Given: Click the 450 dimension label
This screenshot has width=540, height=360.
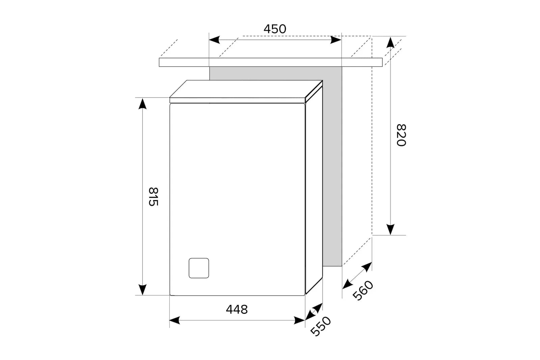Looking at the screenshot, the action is point(275,29).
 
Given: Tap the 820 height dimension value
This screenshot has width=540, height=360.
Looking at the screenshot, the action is point(401,135).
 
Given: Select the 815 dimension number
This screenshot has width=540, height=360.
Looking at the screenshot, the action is point(153,197).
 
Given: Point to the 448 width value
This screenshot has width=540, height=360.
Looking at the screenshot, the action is point(237,310).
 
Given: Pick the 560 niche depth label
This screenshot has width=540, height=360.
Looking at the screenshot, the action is point(363,290).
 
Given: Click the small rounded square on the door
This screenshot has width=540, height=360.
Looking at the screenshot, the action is point(199,268).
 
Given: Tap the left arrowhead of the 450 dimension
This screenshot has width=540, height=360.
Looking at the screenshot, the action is point(214,40).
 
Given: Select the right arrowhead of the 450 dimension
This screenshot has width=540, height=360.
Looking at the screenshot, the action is point(336,40).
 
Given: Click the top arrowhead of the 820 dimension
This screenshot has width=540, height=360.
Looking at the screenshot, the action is point(390,42).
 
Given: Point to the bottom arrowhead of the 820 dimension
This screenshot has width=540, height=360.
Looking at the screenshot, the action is point(390,229).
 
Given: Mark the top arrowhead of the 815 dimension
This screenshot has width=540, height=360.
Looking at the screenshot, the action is point(142,104).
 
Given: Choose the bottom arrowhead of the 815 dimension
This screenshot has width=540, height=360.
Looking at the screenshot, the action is point(142,289).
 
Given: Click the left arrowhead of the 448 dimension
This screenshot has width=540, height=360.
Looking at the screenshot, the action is point(175,321).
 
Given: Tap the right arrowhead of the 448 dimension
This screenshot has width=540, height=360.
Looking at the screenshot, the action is point(299,321).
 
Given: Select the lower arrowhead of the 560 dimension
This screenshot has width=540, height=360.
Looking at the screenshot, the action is point(347,284).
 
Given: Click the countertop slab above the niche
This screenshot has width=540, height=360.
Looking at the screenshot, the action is point(271,62).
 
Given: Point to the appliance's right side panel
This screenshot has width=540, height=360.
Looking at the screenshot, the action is point(314,190).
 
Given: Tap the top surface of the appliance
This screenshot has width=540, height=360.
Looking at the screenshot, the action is point(246,89).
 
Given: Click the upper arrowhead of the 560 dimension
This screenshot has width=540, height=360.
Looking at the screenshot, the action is point(367,267).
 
